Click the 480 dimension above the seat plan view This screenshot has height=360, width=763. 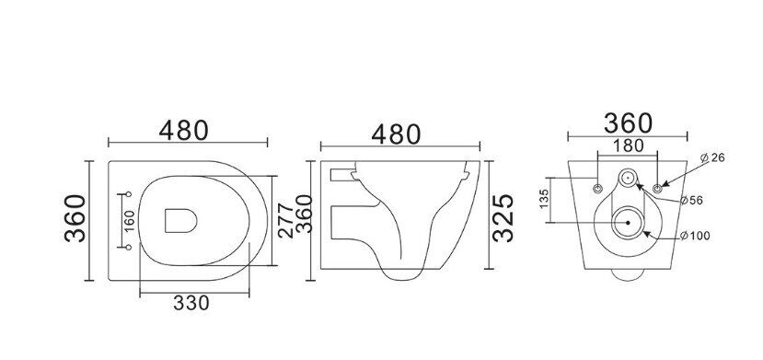point(184,130)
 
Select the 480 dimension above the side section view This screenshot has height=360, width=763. point(396,134)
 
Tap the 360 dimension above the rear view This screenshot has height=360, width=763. point(628,123)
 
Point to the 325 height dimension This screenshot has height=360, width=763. point(503,217)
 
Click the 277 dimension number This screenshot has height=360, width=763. point(286,220)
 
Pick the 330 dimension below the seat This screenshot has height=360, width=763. point(191,303)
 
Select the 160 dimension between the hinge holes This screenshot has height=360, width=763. point(130,221)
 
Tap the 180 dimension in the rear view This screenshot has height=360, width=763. point(628,145)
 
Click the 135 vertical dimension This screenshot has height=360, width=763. point(545,199)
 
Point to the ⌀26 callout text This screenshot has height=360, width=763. point(712,157)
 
